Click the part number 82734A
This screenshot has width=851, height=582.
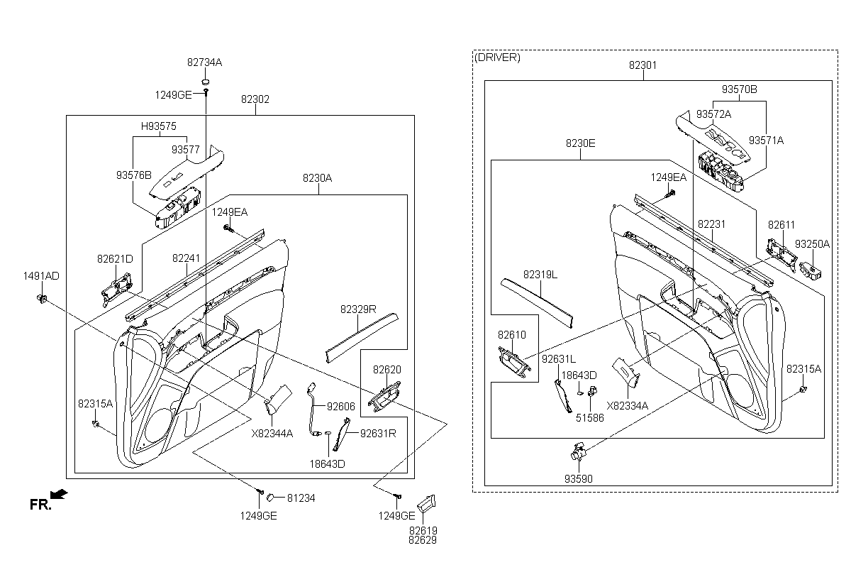tap(204, 62)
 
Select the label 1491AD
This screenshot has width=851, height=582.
tap(41, 276)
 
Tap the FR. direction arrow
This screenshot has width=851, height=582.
tap(59, 494)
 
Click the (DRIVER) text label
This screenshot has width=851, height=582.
tap(497, 57)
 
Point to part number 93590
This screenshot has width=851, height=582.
tap(578, 479)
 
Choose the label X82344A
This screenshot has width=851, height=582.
tap(272, 434)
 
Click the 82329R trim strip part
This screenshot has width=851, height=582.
tap(362, 338)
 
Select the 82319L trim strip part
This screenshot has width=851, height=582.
tap(537, 303)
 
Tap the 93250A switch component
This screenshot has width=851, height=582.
tap(811, 271)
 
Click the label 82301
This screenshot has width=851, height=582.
tap(643, 65)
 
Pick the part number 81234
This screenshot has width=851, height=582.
tap(301, 498)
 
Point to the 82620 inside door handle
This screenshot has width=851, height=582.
tap(384, 397)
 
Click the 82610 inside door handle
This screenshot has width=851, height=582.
tap(514, 362)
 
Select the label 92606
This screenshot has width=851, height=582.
tap(341, 407)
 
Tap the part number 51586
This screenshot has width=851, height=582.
tap(589, 418)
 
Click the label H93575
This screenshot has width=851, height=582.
tap(159, 126)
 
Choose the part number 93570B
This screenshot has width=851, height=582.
tap(739, 89)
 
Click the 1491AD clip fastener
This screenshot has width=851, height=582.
tap(41, 299)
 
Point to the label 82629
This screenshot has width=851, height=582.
tap(423, 540)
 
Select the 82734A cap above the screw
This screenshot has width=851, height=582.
tap(206, 82)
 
